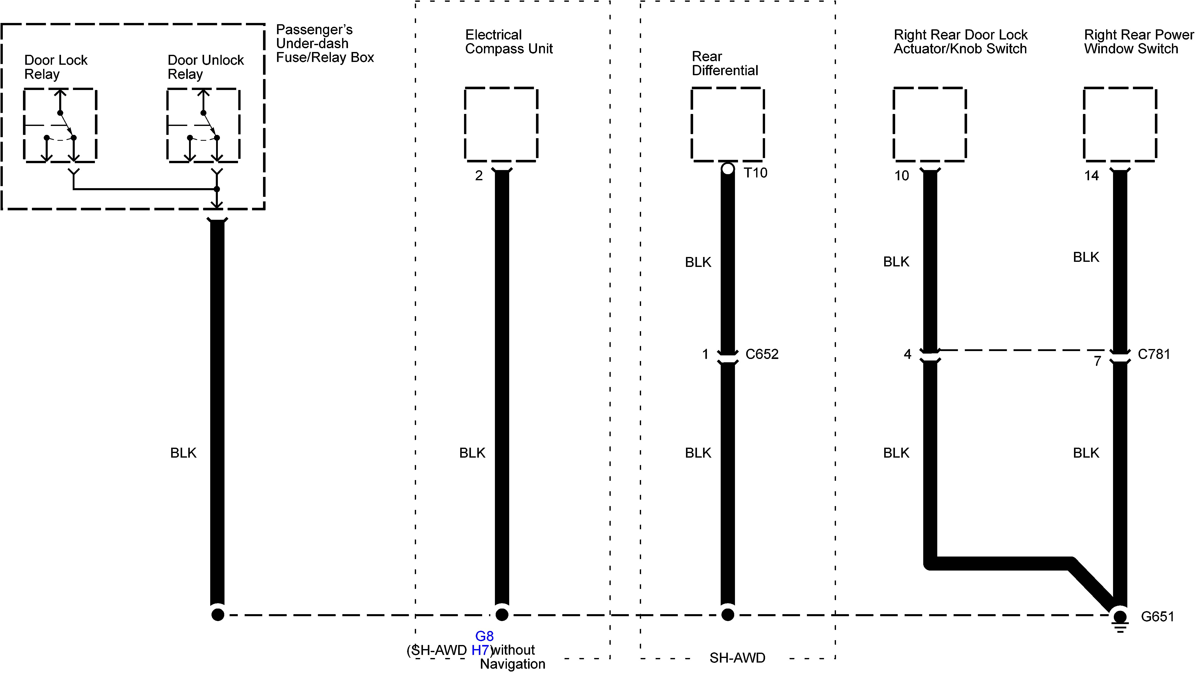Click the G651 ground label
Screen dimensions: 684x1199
click(x=1157, y=616)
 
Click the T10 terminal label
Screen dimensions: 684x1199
click(x=755, y=173)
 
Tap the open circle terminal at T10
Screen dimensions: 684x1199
click(x=728, y=169)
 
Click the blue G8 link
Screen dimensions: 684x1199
click(x=484, y=636)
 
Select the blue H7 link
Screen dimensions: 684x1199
click(x=480, y=650)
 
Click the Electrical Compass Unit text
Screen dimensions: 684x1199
click(x=508, y=42)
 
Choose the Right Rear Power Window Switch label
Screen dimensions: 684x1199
click(x=1138, y=42)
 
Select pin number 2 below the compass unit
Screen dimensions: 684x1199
click(x=479, y=176)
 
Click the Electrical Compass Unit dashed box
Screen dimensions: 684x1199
click(x=501, y=124)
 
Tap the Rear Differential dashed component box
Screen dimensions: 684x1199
click(x=728, y=124)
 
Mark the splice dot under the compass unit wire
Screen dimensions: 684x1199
click(x=502, y=614)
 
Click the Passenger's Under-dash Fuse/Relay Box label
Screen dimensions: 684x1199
click(x=324, y=44)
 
